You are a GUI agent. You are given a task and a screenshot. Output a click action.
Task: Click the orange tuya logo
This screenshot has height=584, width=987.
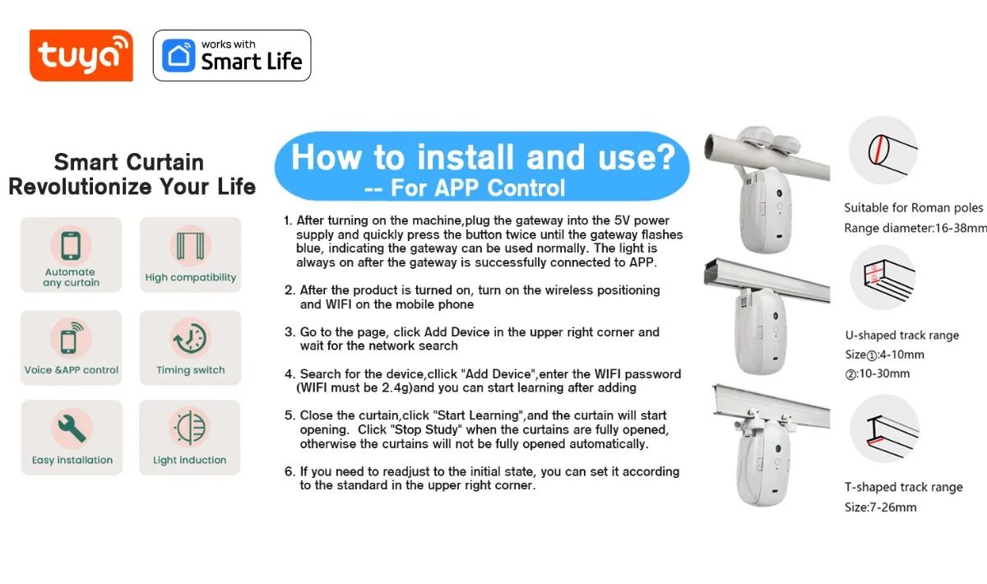pos(81,56)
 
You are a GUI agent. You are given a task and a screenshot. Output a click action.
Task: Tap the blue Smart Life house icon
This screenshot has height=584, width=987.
pos(178,56)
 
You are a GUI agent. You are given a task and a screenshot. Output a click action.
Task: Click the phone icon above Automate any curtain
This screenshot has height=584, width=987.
pos(71,245)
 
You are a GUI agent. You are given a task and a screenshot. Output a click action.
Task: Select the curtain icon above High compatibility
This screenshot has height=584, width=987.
pos(190,245)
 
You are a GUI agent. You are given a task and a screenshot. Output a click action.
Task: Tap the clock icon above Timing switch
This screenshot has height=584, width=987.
pos(190,339)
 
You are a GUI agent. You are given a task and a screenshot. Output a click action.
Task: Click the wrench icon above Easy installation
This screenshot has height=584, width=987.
pos(72,428)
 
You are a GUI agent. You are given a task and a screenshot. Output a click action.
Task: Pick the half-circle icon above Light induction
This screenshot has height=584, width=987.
pos(190,427)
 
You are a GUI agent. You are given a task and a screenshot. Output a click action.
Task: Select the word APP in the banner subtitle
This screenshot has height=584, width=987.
pos(456,188)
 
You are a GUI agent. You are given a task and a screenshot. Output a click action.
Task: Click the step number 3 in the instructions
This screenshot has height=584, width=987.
pos(289,331)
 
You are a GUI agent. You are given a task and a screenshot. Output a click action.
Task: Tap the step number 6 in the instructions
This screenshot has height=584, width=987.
pos(289,471)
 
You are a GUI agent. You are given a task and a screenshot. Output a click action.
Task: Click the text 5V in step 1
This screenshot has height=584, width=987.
pos(622,220)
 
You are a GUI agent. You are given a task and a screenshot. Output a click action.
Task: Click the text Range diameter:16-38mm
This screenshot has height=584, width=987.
pos(915,229)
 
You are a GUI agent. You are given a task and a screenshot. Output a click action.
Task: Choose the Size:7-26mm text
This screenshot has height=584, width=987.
pos(880,508)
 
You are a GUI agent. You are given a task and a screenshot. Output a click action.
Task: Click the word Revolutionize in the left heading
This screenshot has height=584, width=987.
pos(81,187)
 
